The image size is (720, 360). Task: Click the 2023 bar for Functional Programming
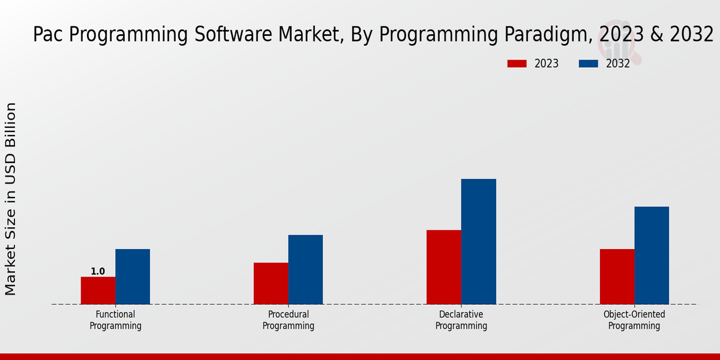coord(98,290)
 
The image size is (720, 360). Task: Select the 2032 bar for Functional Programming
coord(133,277)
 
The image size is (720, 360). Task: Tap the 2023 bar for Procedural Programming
coord(271,283)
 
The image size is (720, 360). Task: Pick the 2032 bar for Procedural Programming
coord(305,269)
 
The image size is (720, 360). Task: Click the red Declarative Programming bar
coord(444,267)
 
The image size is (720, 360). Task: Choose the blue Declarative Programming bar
coord(479,241)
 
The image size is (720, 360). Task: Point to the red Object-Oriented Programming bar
coord(617,277)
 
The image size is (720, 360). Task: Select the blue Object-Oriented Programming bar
coord(652,255)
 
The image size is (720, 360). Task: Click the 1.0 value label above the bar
coord(98,272)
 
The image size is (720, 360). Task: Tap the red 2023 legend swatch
coord(517,64)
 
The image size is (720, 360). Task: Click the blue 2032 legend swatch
coord(589,64)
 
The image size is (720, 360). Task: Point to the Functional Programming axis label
coord(115,320)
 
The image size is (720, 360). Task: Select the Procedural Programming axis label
coord(289,320)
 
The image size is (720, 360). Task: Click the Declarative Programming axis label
coord(461,320)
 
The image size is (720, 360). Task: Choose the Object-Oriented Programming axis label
coord(634,320)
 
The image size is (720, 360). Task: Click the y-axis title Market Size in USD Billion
coord(11,199)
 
